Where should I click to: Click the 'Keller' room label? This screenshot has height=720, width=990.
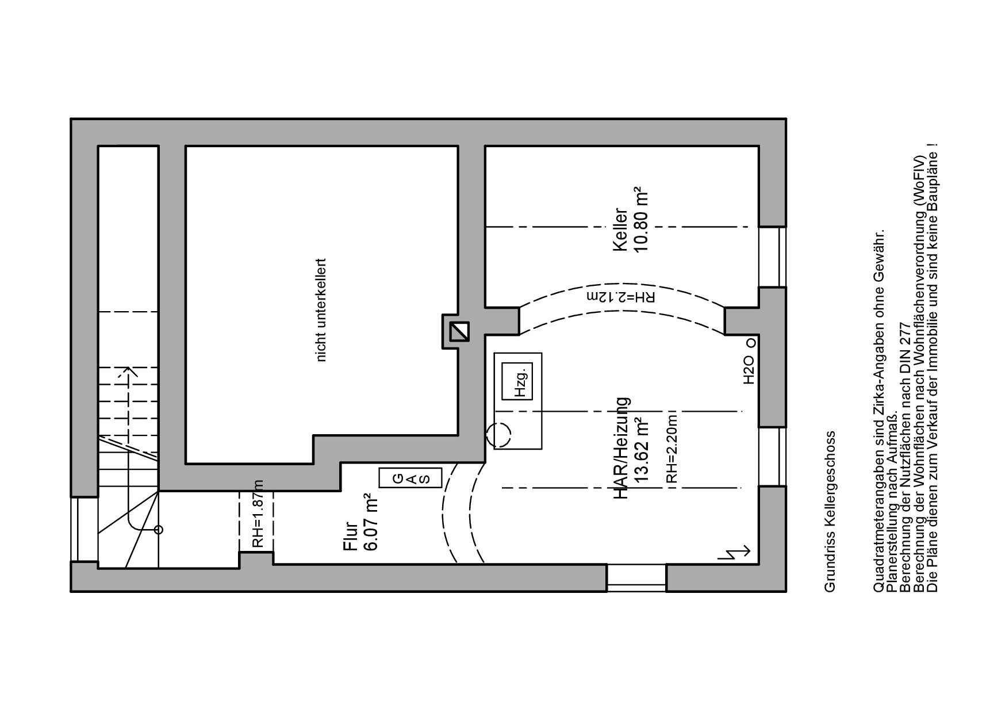click(620, 229)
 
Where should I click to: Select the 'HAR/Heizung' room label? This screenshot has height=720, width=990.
click(622, 448)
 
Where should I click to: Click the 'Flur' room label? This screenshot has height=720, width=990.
click(351, 535)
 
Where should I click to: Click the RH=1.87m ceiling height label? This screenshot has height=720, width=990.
click(256, 514)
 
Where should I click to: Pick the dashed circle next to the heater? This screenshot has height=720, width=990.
click(498, 435)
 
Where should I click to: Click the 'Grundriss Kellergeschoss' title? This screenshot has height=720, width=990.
click(829, 511)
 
